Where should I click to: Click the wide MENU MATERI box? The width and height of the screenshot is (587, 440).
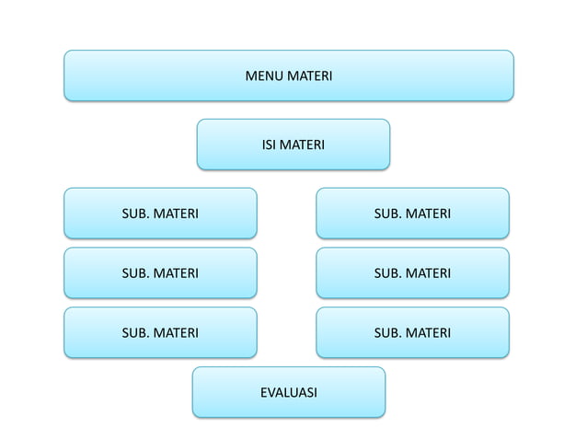[x=288, y=75]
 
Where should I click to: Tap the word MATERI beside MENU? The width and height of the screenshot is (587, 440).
[x=309, y=75]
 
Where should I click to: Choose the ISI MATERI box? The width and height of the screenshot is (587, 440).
[x=293, y=145]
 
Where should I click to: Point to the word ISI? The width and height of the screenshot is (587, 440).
[x=269, y=145]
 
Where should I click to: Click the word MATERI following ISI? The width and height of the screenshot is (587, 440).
[x=302, y=145]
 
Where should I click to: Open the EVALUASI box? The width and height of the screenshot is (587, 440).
[x=288, y=392]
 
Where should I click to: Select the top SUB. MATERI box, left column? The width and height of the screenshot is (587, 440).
[x=160, y=214]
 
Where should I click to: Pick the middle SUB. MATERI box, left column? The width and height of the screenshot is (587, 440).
[x=160, y=272]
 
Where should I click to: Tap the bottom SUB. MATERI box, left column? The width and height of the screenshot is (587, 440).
[x=160, y=332]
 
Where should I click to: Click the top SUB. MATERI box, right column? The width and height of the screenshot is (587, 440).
[x=412, y=214]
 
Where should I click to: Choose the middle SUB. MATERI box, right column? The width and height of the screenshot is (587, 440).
[x=412, y=272]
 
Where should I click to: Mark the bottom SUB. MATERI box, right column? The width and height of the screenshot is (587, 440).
[x=412, y=332]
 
